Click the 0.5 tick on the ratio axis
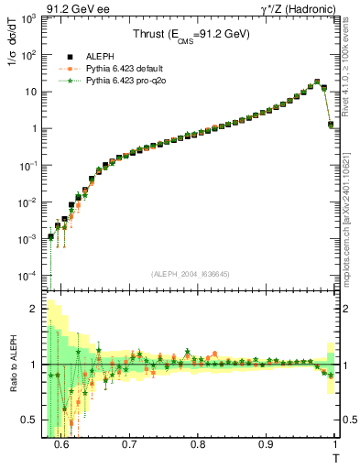35,420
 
